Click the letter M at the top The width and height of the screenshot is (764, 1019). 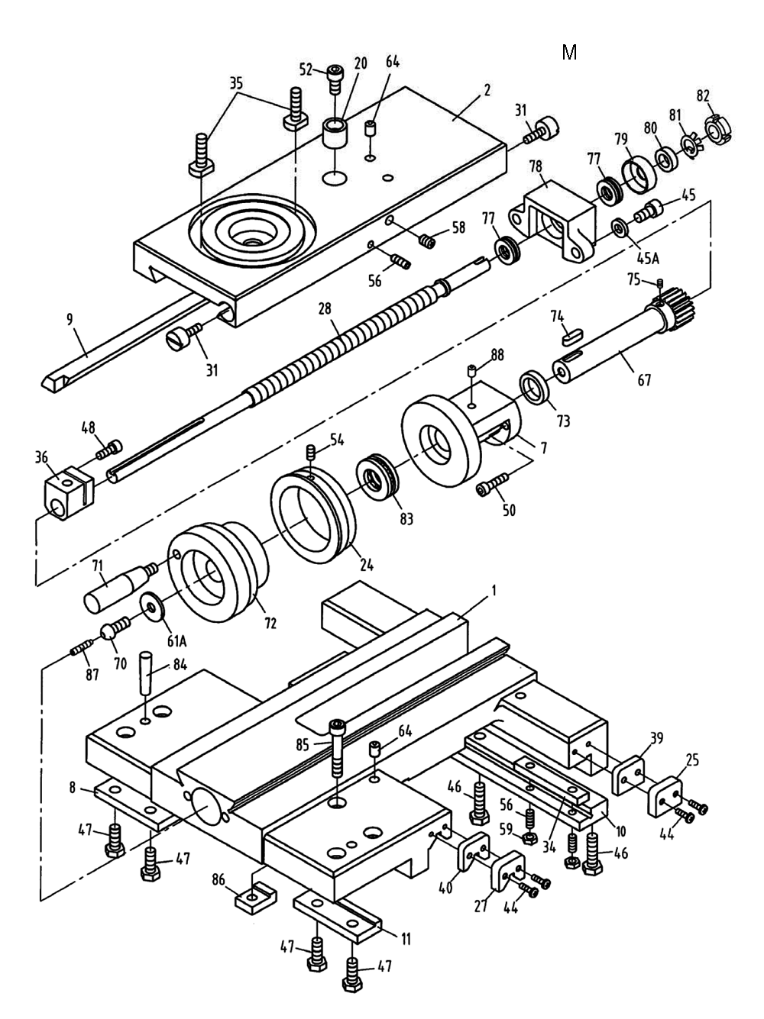coord(569,53)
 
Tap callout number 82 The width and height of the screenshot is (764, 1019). coord(703,95)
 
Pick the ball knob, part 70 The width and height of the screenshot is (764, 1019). coord(111,632)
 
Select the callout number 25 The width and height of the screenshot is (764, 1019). coord(691,760)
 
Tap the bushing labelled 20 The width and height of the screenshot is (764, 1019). coord(334,134)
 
